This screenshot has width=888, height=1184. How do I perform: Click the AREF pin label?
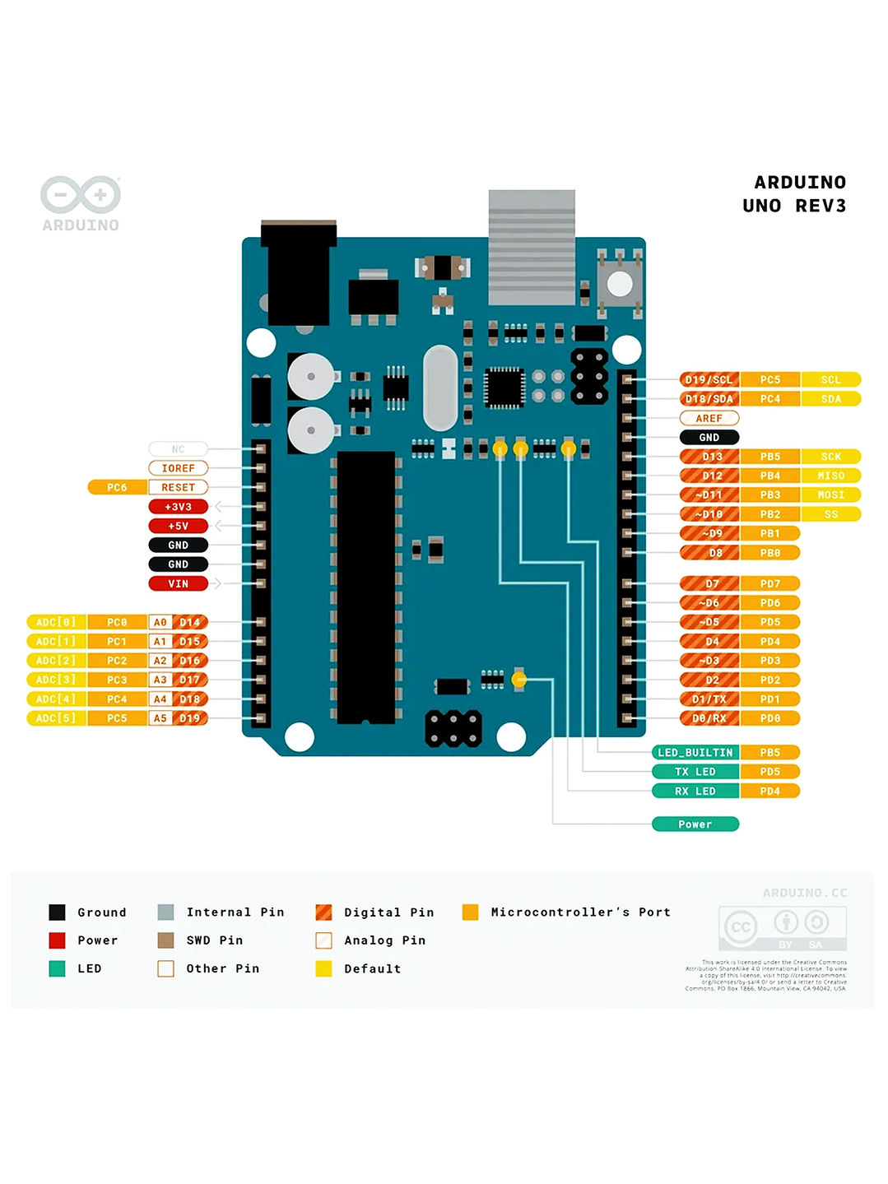click(709, 418)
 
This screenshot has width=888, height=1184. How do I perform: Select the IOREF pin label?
click(178, 468)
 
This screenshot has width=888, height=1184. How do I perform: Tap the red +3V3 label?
click(178, 507)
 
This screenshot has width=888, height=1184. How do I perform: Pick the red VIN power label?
click(178, 583)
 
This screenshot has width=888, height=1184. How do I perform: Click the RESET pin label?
click(178, 487)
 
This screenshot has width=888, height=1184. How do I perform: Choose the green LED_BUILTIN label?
click(695, 752)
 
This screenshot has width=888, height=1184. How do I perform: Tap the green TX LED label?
click(695, 772)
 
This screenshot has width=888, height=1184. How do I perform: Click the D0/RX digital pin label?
click(709, 718)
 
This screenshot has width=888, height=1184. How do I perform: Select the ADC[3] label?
click(56, 680)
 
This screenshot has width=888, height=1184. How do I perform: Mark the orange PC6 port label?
click(117, 487)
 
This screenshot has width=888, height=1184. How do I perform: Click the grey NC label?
click(178, 449)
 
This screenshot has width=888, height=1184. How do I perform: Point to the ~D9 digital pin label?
click(709, 533)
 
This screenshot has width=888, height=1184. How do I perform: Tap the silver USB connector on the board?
click(532, 247)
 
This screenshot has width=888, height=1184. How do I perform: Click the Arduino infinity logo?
click(81, 195)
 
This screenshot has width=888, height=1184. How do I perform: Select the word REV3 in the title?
click(821, 206)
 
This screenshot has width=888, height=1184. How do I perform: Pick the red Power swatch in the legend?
click(57, 940)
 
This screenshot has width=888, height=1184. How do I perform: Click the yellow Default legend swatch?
click(323, 968)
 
